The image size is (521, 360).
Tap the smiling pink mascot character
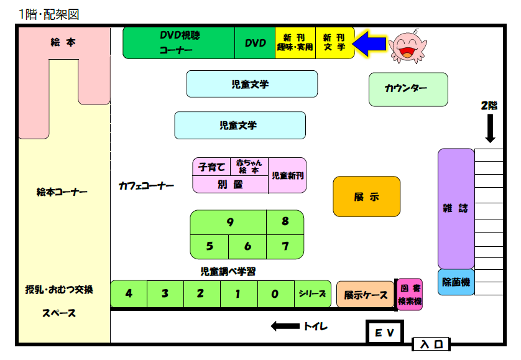[408, 47]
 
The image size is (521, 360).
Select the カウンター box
[408, 90]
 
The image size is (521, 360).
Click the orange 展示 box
[366, 196]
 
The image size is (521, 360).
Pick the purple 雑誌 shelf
[456, 208]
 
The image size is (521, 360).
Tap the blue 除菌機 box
[456, 283]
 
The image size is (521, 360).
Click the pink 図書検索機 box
[410, 295]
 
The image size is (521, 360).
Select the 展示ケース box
[366, 295]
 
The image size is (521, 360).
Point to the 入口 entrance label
[431, 343]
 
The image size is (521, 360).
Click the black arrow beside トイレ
[285, 326]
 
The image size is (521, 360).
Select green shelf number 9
[229, 222]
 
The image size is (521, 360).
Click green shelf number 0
[275, 294]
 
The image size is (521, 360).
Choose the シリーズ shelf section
[312, 294]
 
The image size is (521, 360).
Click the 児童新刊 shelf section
[288, 175]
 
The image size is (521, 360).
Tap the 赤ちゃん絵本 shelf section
[249, 166]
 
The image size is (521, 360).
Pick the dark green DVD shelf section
[255, 43]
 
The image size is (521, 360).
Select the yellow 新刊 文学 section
[335, 43]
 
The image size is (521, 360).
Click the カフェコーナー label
[146, 185]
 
